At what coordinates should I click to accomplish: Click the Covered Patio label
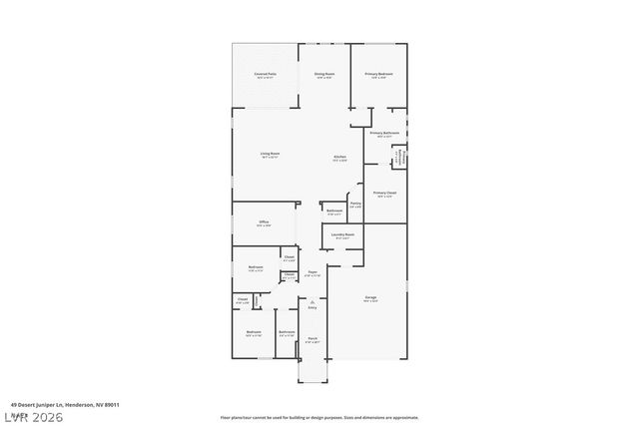point(265,75)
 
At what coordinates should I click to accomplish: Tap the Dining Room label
point(324,75)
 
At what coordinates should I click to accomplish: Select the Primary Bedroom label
point(378,75)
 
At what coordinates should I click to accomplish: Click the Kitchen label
point(340,159)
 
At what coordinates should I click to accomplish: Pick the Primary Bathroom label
point(384,134)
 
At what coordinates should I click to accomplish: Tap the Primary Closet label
point(384,194)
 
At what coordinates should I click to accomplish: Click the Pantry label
point(355,205)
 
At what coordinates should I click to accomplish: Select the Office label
point(264,223)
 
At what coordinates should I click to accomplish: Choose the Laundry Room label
point(342,235)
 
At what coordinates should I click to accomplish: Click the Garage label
point(370,298)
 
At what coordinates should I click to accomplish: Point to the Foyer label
point(313,272)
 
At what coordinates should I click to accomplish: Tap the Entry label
point(313,307)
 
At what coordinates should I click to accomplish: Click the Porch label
point(313,340)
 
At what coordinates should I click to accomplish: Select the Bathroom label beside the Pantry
point(334,212)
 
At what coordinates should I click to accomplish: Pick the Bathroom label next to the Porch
point(287,332)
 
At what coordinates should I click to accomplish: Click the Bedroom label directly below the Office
point(256,268)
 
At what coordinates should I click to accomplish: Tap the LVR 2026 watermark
point(32,416)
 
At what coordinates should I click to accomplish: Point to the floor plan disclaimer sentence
point(319,418)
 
